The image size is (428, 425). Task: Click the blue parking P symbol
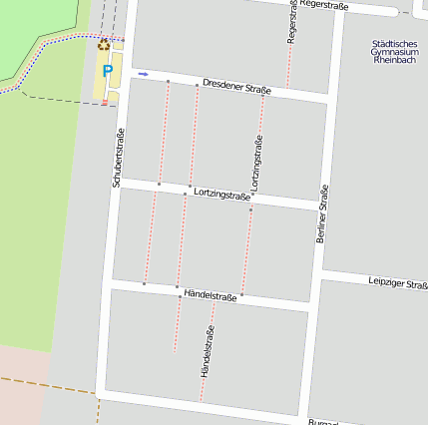(x=107, y=71)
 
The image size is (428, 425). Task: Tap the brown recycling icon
(x=103, y=44)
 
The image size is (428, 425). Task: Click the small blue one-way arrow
(x=143, y=73)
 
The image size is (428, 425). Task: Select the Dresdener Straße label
(x=236, y=87)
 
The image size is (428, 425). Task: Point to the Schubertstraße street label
(x=118, y=159)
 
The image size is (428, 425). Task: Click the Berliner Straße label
(x=322, y=215)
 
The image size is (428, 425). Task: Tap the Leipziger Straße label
(x=397, y=283)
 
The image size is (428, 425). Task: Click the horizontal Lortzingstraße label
(x=221, y=195)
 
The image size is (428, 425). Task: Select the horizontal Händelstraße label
(x=211, y=296)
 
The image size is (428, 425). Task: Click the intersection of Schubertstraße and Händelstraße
(x=108, y=286)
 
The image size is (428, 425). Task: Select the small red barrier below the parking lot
(x=104, y=103)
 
